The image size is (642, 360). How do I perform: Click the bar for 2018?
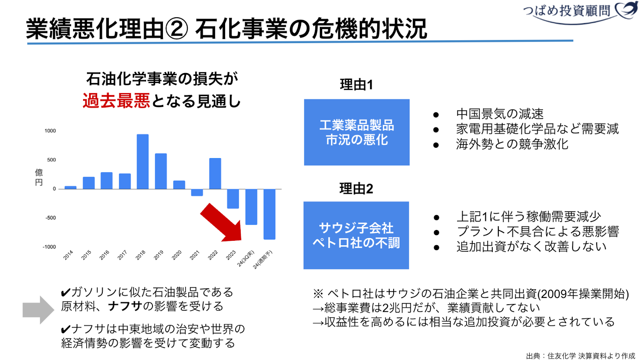142,162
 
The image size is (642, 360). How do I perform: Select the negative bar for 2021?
197,193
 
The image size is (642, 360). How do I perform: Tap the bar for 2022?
215,174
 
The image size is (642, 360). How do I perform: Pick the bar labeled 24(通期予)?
269,214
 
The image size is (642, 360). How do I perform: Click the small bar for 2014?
71,188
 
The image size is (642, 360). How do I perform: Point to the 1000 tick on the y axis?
50,131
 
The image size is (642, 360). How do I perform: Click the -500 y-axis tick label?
51,218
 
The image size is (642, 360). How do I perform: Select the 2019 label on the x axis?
158,255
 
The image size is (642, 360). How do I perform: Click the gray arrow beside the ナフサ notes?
39,310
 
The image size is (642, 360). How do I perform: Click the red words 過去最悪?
116,101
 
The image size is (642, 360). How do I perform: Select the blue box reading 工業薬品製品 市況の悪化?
357,132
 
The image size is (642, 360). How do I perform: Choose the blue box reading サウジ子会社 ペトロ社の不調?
356,235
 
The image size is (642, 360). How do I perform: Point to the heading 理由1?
356,85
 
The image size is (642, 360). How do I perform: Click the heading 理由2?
356,189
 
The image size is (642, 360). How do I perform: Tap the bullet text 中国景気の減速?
500,114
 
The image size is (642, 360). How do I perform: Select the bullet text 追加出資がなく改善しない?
531,246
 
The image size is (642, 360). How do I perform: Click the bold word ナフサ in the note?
125,306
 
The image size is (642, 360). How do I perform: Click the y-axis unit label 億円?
39,177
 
